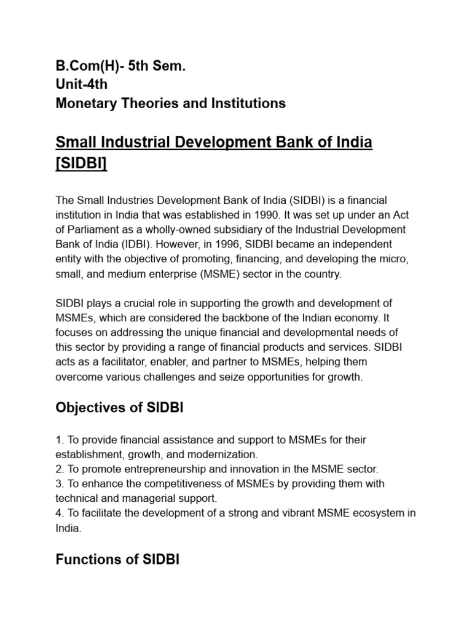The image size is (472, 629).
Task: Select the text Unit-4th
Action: point(81,85)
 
